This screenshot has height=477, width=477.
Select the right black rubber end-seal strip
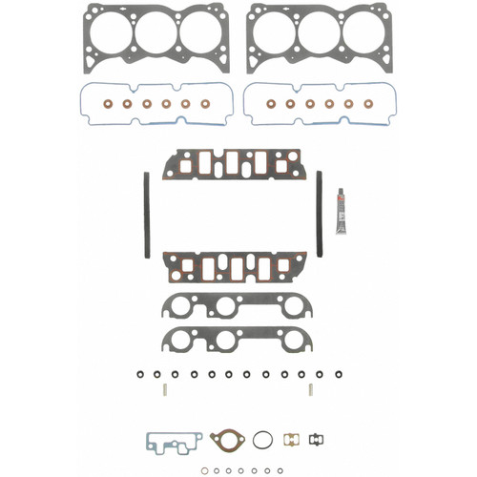[x=320, y=214]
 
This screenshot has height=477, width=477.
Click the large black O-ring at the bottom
[x=263, y=440]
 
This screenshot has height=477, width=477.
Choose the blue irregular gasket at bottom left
[x=172, y=443]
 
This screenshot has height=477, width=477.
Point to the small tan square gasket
[x=293, y=440]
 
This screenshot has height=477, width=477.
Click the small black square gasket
[x=318, y=440]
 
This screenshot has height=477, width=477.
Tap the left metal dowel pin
[x=164, y=388]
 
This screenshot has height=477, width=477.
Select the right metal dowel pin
[x=312, y=388]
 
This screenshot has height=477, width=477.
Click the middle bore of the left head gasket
[x=156, y=33]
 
